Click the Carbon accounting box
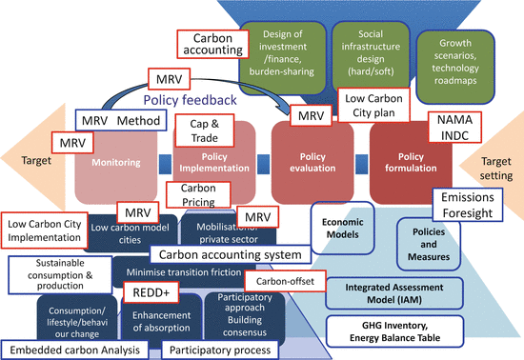pyautogui.click(x=212, y=44)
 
